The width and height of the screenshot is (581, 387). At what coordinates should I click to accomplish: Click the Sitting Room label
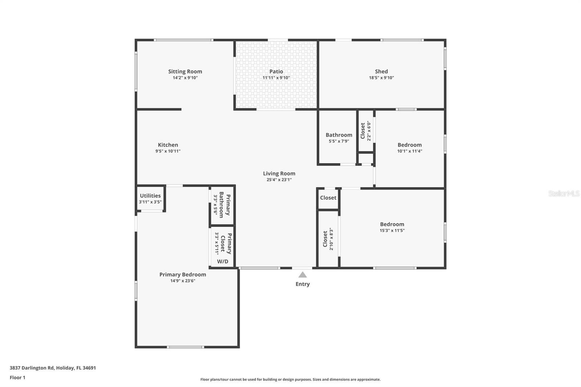tap(185, 72)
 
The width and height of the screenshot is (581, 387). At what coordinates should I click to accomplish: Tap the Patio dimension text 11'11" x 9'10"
tap(276, 78)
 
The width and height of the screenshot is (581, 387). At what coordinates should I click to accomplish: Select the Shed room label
tap(381, 72)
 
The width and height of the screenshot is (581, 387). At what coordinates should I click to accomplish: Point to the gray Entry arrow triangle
tap(302, 275)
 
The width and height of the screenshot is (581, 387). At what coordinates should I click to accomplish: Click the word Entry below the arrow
tap(302, 284)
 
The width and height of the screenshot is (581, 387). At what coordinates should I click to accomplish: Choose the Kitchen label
tap(168, 145)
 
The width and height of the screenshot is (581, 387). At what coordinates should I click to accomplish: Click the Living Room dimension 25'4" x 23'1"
tap(279, 180)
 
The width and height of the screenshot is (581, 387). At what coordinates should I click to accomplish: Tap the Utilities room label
tap(150, 196)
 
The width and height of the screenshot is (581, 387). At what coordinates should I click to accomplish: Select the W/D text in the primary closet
tap(223, 261)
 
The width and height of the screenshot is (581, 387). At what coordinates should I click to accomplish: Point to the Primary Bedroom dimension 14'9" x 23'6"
tap(183, 281)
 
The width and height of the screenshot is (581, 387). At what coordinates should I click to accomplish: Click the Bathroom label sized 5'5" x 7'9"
tap(338, 135)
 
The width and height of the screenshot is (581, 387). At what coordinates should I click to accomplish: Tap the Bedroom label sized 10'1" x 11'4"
tap(409, 145)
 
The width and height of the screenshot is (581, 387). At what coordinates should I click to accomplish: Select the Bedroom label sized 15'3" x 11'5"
tap(392, 224)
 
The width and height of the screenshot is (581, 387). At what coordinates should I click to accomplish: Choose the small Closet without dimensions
tap(328, 198)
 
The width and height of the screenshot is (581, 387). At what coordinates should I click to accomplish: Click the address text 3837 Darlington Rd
tap(53, 368)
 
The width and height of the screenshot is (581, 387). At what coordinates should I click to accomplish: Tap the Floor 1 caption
tap(17, 378)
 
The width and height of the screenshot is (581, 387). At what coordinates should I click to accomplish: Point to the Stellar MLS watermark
tap(564, 193)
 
